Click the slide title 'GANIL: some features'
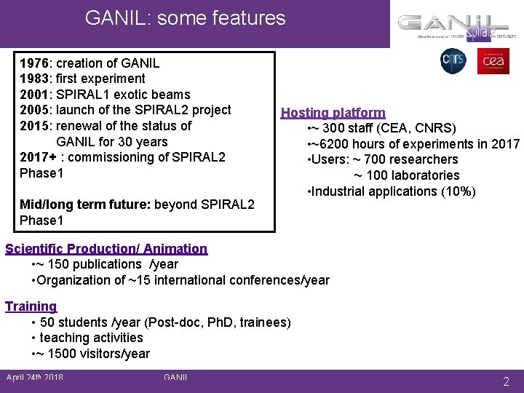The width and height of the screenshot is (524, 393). click(185, 17)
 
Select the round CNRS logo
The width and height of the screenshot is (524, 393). click(453, 61)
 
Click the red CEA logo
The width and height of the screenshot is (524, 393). click(493, 61)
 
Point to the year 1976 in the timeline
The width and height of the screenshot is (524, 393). click(34, 63)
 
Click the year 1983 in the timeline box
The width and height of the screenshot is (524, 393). click(34, 79)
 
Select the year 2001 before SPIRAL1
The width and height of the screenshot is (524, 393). click(34, 95)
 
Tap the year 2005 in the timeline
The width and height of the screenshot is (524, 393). click(34, 110)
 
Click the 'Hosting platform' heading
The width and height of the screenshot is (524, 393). click(333, 113)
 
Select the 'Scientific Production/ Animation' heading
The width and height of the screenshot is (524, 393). click(106, 249)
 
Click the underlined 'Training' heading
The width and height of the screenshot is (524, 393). click(31, 306)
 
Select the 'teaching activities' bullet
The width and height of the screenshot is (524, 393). click(91, 338)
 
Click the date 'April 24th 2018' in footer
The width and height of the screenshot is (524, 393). click(34, 378)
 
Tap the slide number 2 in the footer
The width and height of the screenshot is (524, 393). click(506, 381)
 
